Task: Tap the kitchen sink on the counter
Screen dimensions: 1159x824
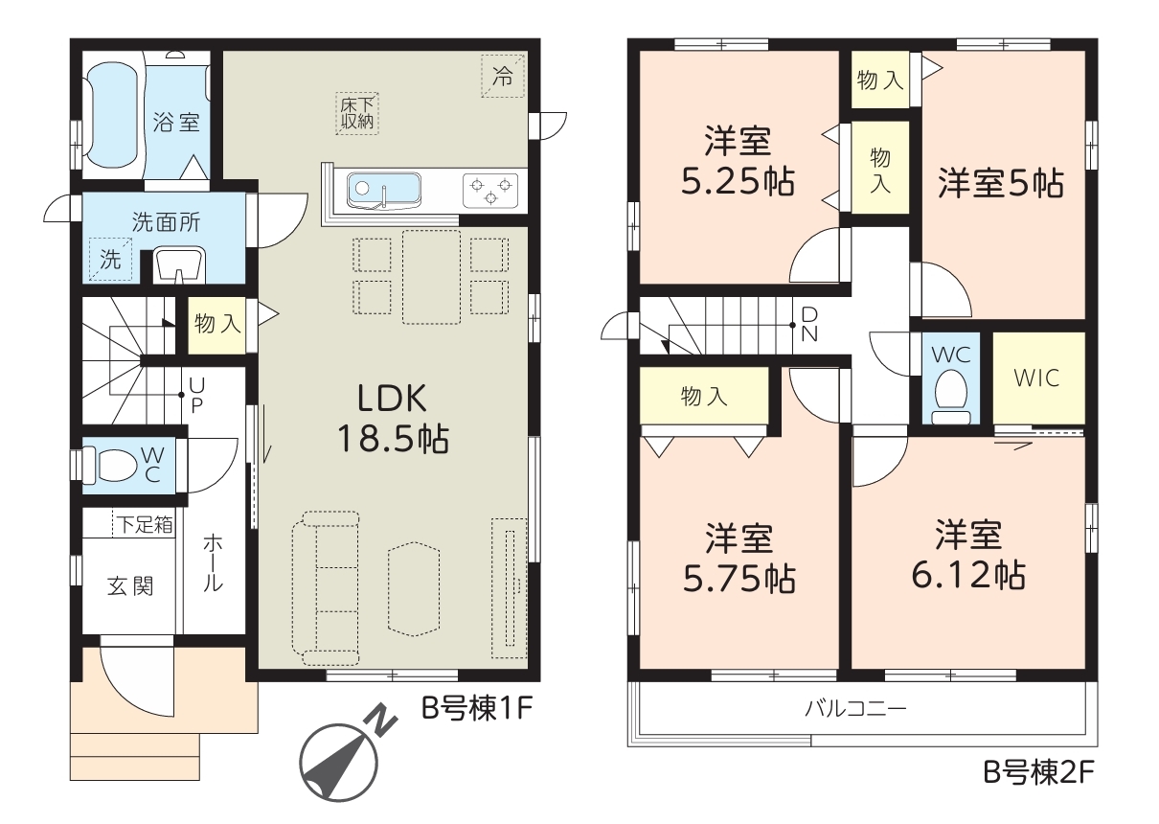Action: pos(383,191)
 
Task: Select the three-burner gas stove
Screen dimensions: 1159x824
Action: pos(490,191)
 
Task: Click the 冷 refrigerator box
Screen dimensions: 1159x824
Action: pos(503,76)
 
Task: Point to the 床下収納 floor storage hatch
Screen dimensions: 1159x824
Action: pos(357,113)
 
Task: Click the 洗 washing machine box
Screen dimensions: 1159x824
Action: pos(110,259)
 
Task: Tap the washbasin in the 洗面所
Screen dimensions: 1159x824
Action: pos(179,266)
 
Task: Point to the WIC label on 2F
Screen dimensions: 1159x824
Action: pos(1036,378)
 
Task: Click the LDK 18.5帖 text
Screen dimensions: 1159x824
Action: pos(393,418)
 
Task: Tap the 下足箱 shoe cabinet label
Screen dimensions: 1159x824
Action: pos(145,524)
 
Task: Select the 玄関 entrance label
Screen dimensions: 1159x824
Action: pos(130,587)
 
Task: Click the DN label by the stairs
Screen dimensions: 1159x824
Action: pos(809,324)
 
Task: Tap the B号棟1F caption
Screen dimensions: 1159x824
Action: pos(477,708)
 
